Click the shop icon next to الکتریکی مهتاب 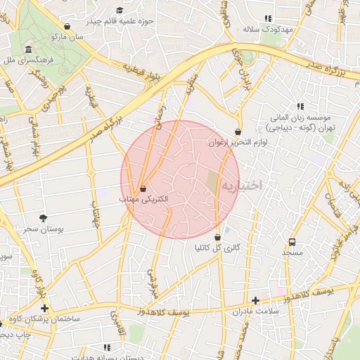click(x=143, y=189)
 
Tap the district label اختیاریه click(x=242, y=186)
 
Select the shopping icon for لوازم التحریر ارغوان click(x=238, y=131)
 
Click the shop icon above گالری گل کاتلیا click(x=217, y=237)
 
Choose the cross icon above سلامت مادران click(x=255, y=300)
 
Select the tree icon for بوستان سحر click(x=44, y=218)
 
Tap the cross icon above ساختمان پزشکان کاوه click(x=44, y=308)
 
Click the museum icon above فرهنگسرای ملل click(x=27, y=50)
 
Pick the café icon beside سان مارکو click(x=67, y=25)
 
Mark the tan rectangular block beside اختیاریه click(x=212, y=184)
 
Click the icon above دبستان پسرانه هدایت click(x=107, y=347)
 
